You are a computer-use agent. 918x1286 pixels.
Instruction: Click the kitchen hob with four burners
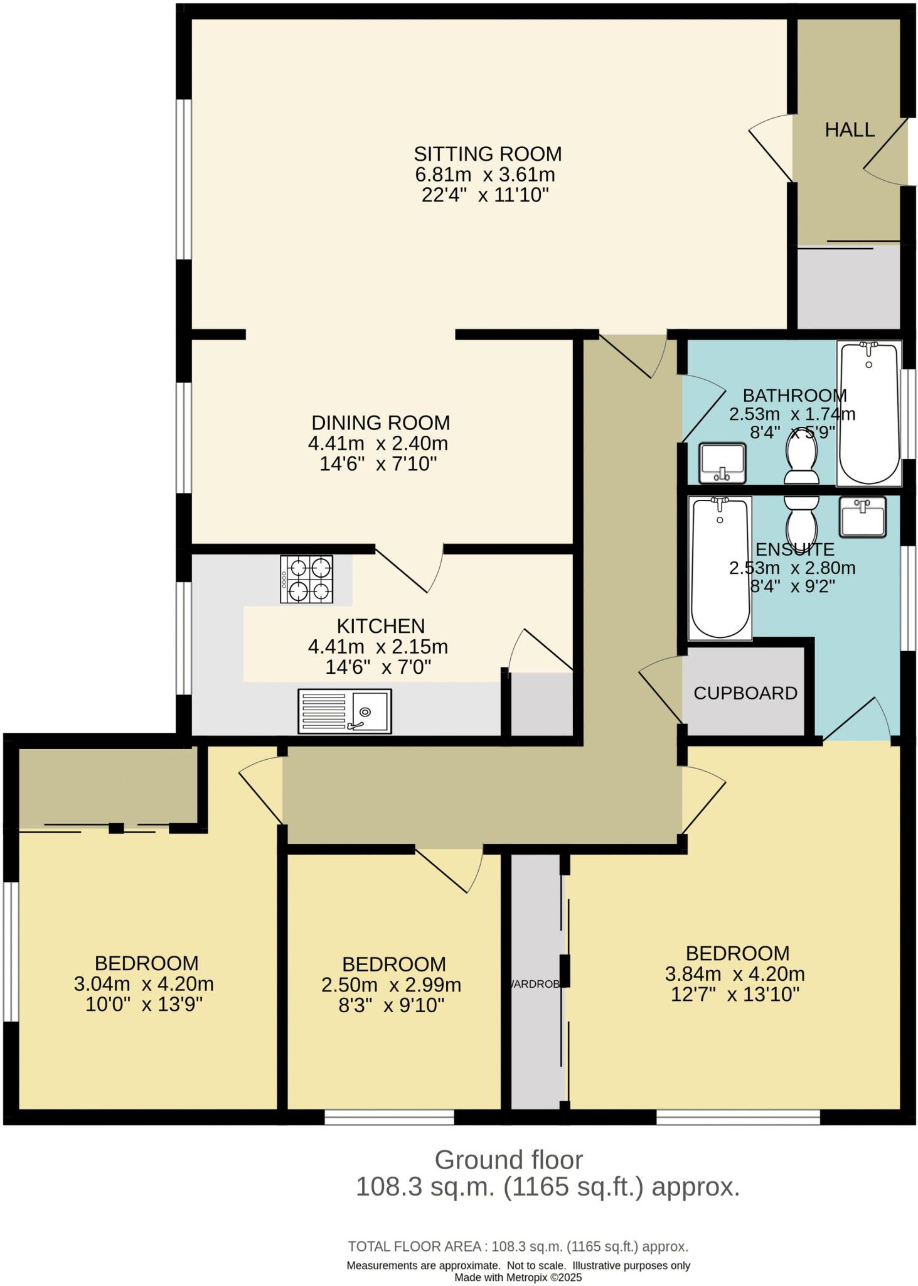(x=307, y=580)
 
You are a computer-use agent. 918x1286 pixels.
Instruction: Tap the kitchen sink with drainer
(x=344, y=711)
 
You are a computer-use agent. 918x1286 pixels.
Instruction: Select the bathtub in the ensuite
(x=720, y=568)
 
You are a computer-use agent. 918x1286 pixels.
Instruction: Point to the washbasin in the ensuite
(x=863, y=517)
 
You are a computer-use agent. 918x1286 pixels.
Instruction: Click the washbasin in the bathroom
(x=723, y=463)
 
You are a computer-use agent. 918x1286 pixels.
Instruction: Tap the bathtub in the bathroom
(x=868, y=413)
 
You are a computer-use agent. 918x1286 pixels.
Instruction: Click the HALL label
(x=849, y=130)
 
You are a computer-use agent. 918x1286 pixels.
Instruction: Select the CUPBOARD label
(x=745, y=693)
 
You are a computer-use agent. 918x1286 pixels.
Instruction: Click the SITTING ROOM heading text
(x=488, y=154)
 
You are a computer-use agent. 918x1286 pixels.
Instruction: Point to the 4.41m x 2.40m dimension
(x=378, y=443)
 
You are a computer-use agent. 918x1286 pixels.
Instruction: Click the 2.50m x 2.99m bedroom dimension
(x=391, y=985)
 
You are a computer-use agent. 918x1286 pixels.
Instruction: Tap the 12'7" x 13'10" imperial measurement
(x=735, y=995)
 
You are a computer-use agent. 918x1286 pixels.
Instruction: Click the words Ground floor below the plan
(x=508, y=1160)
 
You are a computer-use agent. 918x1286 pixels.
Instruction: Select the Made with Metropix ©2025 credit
(x=518, y=1277)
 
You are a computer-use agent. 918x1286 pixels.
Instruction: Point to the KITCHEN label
(x=381, y=626)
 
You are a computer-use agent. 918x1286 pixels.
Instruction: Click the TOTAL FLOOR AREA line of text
(x=518, y=1246)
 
